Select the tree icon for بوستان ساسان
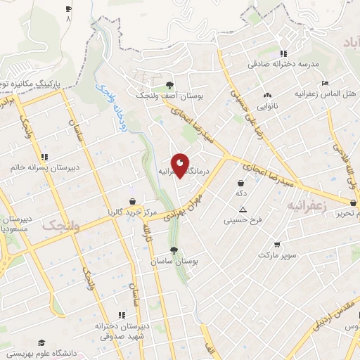click(173, 250)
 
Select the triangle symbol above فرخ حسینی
click(243, 210)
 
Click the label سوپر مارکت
click(277, 255)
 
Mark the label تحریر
click(348, 213)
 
